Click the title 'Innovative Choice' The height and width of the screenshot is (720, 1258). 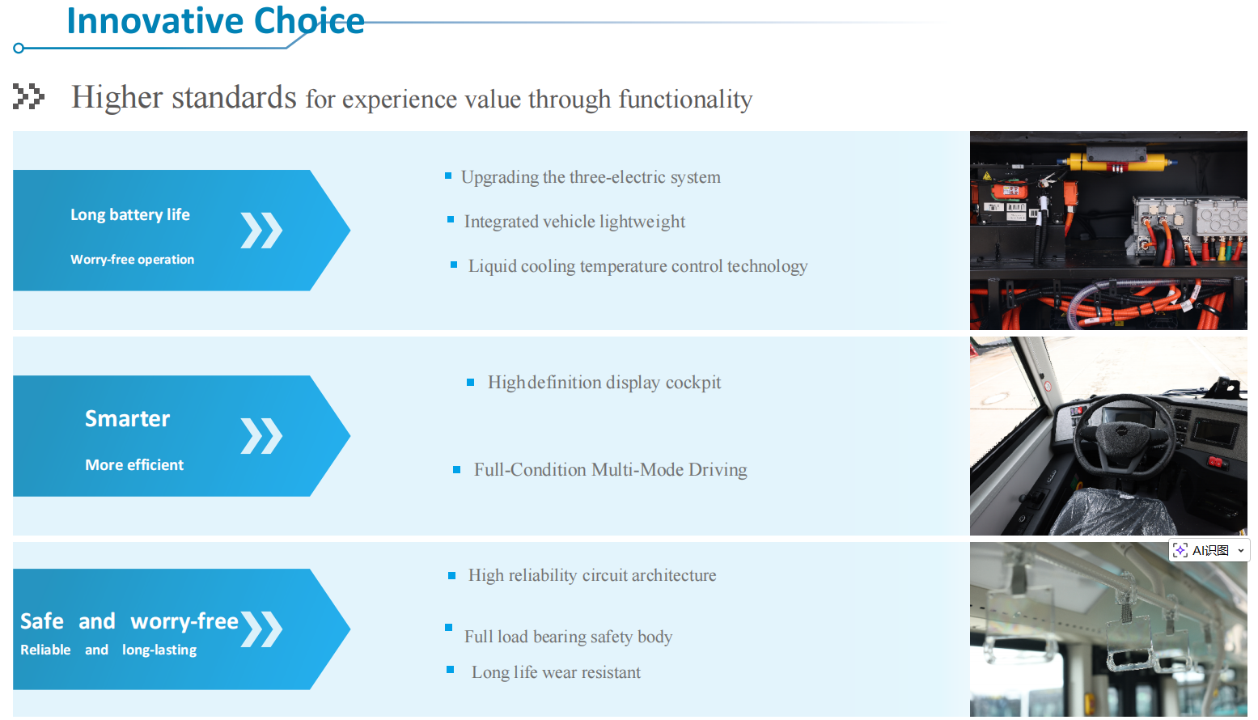(x=215, y=21)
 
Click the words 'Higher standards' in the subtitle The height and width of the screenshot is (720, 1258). (x=184, y=98)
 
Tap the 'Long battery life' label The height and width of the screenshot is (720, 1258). (x=130, y=214)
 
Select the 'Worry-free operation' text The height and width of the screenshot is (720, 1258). (x=132, y=260)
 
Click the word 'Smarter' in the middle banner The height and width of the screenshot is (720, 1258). (x=128, y=418)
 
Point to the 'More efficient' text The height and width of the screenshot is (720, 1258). (x=134, y=465)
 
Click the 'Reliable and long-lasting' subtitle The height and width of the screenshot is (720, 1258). (x=108, y=650)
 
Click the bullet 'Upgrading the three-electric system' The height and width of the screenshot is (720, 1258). (x=591, y=177)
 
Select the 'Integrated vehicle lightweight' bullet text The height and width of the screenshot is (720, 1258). (x=574, y=222)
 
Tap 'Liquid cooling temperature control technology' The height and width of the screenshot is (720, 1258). (x=637, y=266)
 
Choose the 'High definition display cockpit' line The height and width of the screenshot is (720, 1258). (x=604, y=383)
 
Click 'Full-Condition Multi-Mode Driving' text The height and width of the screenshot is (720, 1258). (x=610, y=470)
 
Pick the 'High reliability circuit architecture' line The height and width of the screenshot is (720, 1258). (x=592, y=575)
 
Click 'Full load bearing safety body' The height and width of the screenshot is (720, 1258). (x=568, y=637)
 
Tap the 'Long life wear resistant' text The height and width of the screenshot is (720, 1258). (x=556, y=672)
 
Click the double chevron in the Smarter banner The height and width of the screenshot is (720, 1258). (x=261, y=436)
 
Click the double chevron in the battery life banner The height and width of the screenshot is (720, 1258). (x=261, y=231)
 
